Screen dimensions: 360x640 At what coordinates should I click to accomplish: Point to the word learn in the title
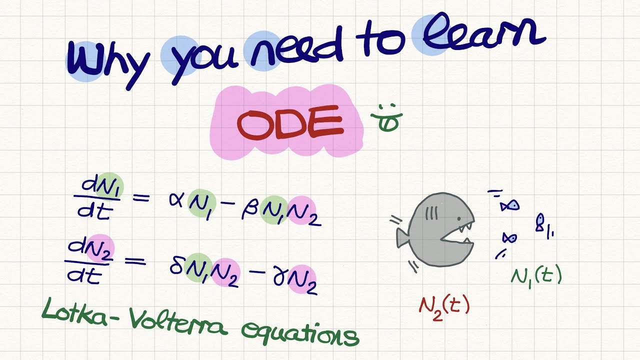point(480,36)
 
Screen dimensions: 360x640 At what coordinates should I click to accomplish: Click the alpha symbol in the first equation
point(177,199)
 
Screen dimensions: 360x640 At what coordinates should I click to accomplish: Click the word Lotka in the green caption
point(75,312)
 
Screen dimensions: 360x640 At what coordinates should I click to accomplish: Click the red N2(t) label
point(444,305)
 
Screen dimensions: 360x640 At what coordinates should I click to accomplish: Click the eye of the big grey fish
point(458,219)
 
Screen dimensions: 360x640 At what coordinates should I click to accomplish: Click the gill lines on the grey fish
point(431,214)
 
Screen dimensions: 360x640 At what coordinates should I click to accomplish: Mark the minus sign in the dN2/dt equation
point(257,272)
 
